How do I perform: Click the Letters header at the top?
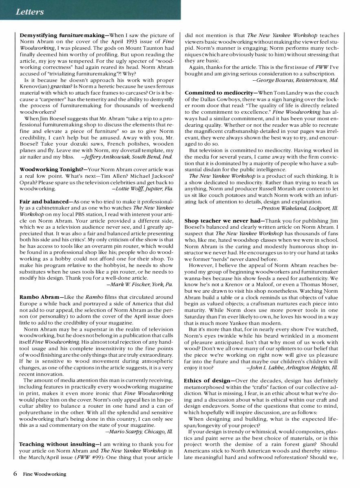point(29,12)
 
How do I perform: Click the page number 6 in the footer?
point(15,474)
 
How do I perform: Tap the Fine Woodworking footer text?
point(44,474)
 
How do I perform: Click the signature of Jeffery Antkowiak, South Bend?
point(128,157)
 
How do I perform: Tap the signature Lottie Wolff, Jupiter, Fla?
point(143,189)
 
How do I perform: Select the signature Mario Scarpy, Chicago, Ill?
point(139,431)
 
